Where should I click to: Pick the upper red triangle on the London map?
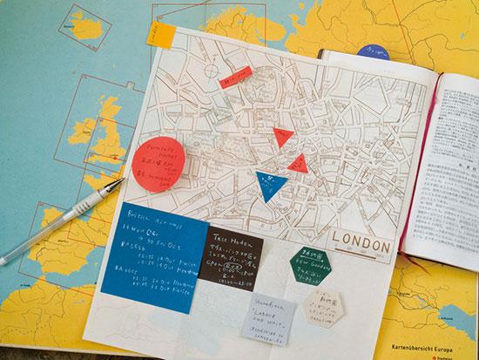click(x=282, y=136)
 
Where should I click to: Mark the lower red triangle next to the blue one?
click(x=296, y=162)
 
